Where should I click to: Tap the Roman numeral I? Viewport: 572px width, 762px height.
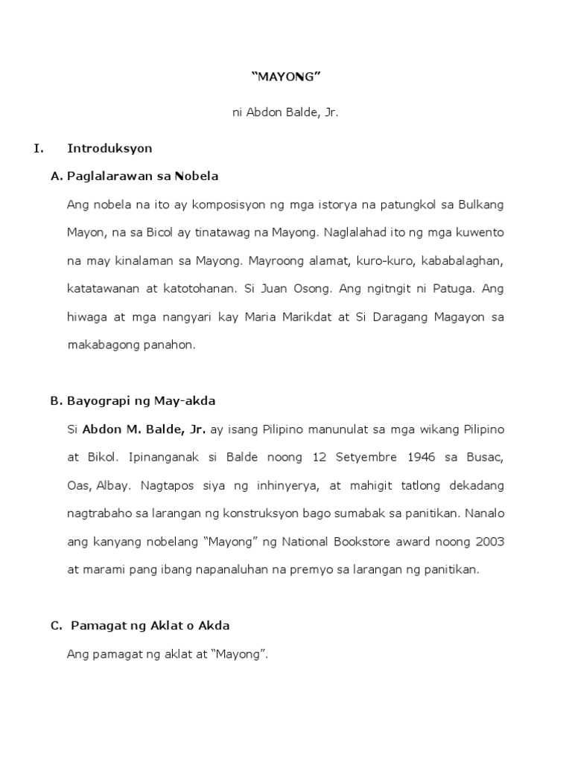point(39,148)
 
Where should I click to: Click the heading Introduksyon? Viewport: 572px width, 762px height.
point(109,148)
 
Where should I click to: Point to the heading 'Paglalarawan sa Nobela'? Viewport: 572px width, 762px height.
point(142,176)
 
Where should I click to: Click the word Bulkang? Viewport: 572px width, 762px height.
point(480,204)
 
